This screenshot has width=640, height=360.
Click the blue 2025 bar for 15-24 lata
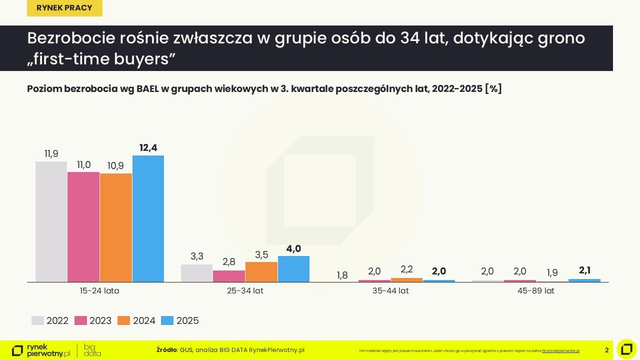[x=148, y=218]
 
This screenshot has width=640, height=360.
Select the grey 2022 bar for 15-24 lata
[x=51, y=221]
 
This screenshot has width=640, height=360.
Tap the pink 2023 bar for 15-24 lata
[x=83, y=226]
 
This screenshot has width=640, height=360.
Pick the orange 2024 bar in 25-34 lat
[x=261, y=272]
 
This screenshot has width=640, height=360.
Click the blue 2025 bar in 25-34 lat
[x=293, y=269]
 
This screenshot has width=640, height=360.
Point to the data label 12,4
[x=148, y=147]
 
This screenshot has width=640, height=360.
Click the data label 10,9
[x=115, y=165]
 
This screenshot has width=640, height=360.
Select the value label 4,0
[x=293, y=248]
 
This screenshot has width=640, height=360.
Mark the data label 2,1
[x=584, y=270]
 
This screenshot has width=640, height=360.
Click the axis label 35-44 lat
[x=390, y=290]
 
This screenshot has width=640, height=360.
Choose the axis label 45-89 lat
[x=536, y=290]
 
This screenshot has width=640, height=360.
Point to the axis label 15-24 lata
[x=99, y=290]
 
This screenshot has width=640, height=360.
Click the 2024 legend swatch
[x=124, y=320]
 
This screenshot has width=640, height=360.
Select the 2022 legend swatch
[x=37, y=320]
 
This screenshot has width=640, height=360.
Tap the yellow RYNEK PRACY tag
[x=64, y=7]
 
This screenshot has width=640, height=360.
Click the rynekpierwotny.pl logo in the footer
[x=41, y=350]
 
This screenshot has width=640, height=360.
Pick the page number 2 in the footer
[x=606, y=350]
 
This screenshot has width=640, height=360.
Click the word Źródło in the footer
[x=166, y=350]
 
